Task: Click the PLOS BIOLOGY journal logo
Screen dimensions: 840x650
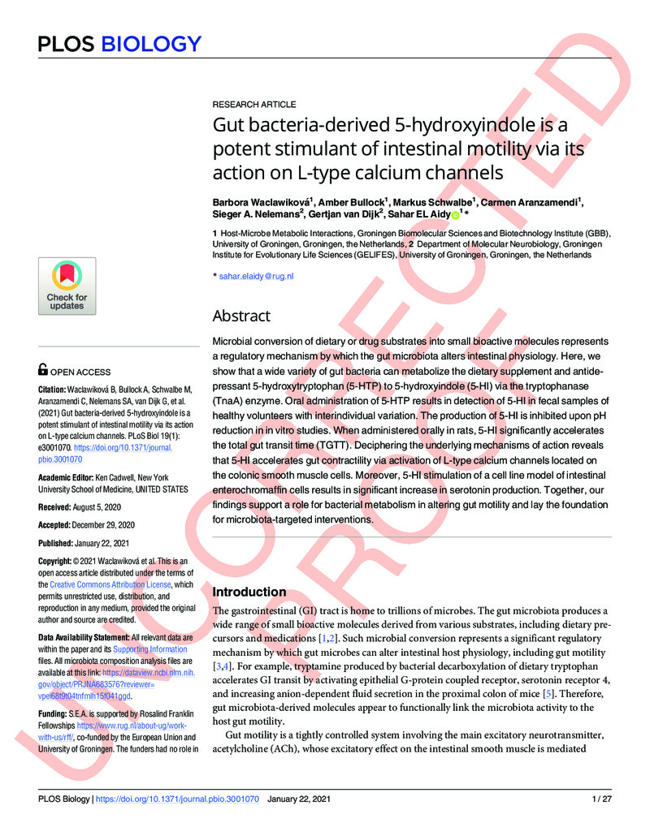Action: [x=119, y=43]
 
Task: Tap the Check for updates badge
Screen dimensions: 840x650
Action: [x=67, y=286]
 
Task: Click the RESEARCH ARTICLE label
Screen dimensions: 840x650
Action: [x=253, y=105]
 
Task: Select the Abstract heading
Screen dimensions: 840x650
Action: [x=241, y=316]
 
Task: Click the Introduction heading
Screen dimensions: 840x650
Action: [x=249, y=592]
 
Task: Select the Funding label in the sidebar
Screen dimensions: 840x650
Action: [x=55, y=713]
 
